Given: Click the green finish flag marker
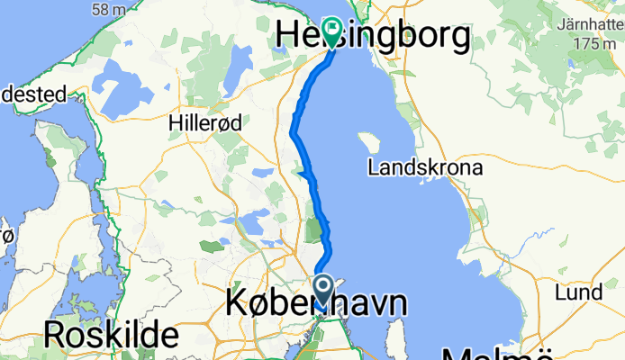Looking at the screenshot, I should [331, 31].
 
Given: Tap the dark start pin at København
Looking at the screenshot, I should [324, 291].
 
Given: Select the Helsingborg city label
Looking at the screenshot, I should [373, 35].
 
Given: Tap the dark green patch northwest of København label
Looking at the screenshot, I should [213, 245].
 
